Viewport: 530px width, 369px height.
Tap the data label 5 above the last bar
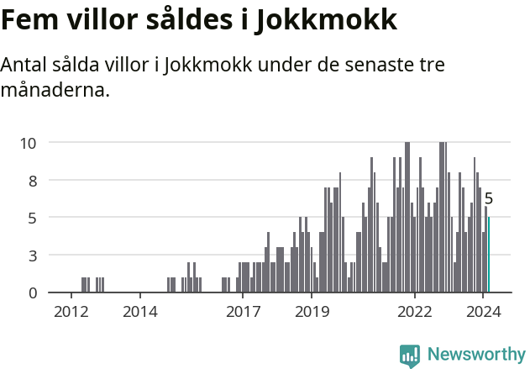point(488,199)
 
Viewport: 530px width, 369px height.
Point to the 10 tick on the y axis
point(28,143)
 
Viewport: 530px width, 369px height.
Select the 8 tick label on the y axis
point(32,180)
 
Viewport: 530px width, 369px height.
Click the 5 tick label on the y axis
point(32,218)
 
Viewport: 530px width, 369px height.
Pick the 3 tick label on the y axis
point(32,255)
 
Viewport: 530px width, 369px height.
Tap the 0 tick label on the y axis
point(32,293)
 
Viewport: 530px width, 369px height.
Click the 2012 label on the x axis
point(71,313)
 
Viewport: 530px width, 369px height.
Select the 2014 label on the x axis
point(139,313)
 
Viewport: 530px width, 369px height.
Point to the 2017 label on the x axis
point(243,313)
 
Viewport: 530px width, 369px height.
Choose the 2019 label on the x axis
point(312,313)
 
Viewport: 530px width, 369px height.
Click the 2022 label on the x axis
point(414,313)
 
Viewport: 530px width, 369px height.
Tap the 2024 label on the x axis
point(483,313)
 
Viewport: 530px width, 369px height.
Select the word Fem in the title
point(30,20)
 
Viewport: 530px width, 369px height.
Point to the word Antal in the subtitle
point(25,66)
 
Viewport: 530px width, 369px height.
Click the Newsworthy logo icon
point(410,356)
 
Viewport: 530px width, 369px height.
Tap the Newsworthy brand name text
point(475,355)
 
